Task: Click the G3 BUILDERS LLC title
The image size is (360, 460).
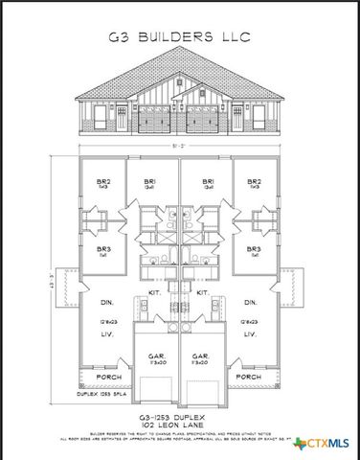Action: pos(180,38)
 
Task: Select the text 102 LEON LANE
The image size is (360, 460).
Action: pos(179,426)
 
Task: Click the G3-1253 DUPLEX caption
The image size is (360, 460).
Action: pos(179,418)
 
